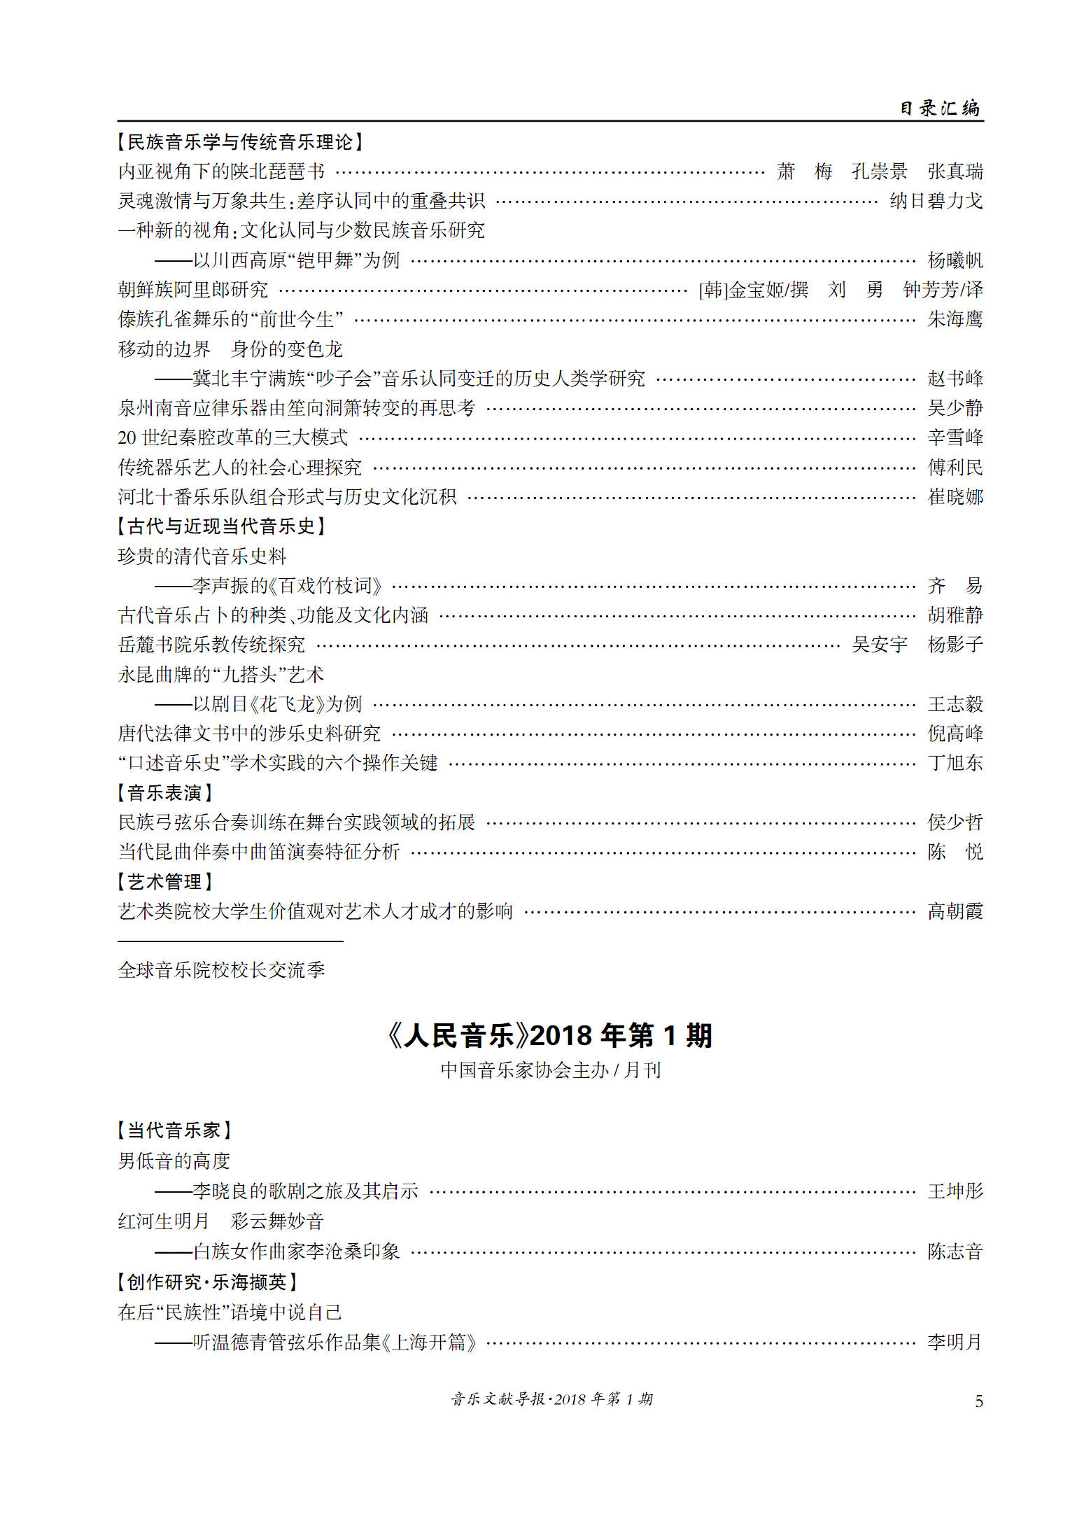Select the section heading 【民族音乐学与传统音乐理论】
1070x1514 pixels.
240,142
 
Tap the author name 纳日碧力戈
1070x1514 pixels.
936,202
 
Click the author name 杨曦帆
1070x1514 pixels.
955,260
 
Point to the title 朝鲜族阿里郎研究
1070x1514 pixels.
193,290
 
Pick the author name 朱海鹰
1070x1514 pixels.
955,320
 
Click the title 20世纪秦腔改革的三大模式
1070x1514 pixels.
232,438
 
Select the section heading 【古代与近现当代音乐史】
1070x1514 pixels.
221,526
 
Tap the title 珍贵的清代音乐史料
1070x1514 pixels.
202,556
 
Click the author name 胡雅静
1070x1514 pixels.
955,615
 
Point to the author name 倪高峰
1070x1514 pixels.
955,734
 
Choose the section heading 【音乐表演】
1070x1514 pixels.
164,793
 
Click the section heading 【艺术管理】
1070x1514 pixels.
164,882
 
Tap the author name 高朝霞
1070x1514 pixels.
955,911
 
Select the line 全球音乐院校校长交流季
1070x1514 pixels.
221,970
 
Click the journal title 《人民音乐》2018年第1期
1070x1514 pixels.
549,1035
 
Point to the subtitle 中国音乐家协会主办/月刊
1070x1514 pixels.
550,1070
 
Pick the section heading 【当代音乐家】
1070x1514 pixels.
174,1130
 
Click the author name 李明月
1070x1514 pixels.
955,1343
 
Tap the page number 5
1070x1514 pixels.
978,1401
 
